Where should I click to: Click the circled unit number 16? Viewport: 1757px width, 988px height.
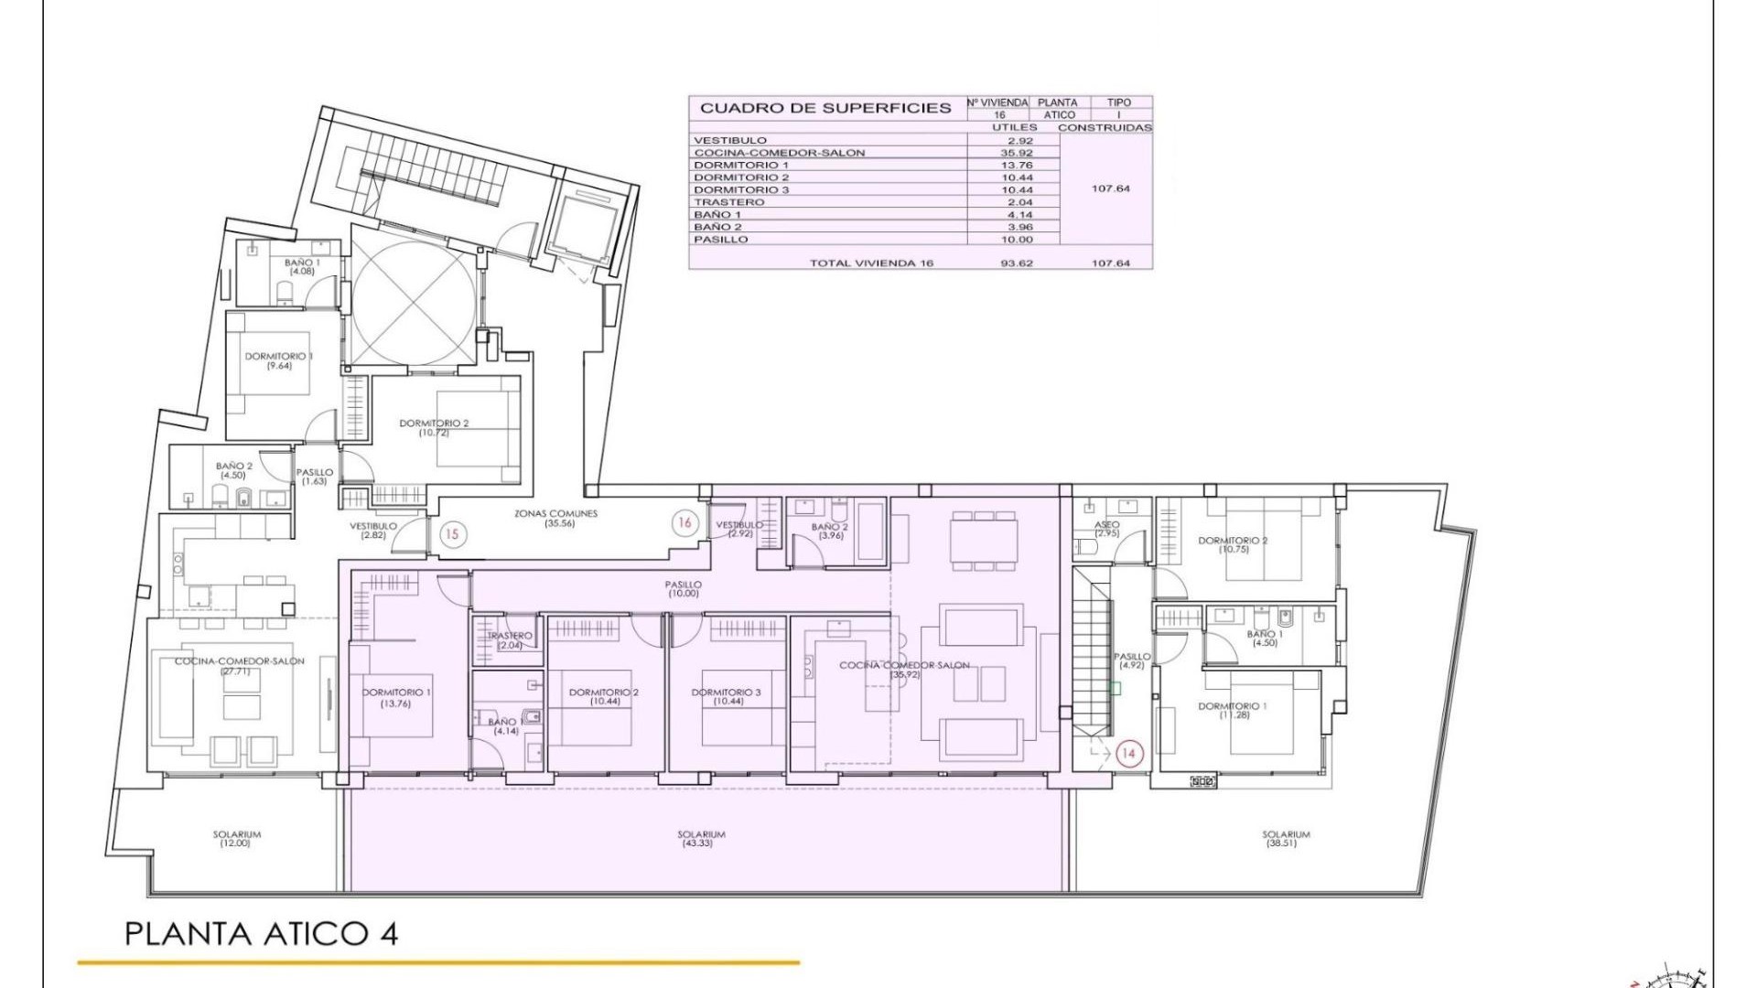(x=684, y=523)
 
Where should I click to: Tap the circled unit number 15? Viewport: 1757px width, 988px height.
(x=453, y=534)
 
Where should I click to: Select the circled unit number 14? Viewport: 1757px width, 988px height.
(x=1128, y=753)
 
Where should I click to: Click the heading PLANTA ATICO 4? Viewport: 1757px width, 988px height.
(x=261, y=934)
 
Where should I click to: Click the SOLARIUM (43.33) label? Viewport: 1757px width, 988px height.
(x=701, y=838)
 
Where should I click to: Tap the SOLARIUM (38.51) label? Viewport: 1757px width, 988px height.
(x=1285, y=838)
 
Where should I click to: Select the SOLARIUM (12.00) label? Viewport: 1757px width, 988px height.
(x=236, y=838)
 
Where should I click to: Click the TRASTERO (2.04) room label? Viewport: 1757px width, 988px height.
(x=510, y=639)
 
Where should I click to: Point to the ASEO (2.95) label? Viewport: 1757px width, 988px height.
(x=1106, y=529)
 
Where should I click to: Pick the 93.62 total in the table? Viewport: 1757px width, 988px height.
(x=1016, y=263)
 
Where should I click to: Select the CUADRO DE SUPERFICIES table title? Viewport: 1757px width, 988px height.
(x=825, y=108)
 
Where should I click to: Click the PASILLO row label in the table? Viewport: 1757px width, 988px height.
(x=721, y=240)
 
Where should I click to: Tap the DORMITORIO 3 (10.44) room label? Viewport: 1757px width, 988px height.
(x=727, y=696)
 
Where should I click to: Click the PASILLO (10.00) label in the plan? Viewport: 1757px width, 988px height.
(x=684, y=588)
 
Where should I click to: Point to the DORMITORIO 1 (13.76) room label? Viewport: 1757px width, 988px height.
(x=396, y=697)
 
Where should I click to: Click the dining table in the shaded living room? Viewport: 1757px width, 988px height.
(x=983, y=541)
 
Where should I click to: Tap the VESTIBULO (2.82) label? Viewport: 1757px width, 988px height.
(x=372, y=530)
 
